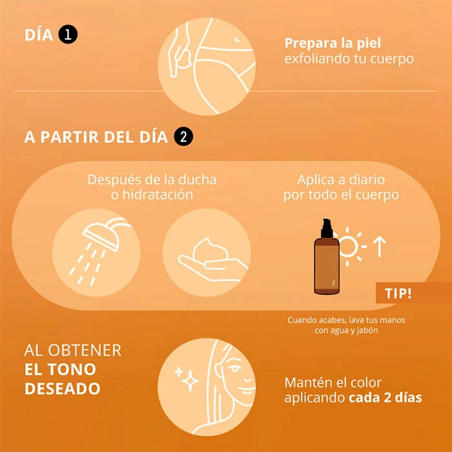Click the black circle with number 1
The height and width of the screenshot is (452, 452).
(68, 34)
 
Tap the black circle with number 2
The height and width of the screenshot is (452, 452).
(183, 136)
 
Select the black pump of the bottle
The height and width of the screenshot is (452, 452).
(327, 228)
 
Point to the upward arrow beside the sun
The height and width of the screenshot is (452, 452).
(380, 247)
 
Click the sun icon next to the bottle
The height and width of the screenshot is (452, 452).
(349, 247)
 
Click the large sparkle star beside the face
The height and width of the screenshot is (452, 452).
(190, 381)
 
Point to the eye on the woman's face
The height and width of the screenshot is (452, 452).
(234, 369)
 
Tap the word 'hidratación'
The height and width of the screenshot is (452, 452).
(158, 194)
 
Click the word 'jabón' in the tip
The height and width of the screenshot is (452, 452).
(367, 331)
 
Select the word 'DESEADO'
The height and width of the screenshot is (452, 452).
(63, 388)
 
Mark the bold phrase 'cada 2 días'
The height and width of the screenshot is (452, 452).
(385, 398)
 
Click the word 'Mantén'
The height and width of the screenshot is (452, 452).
(306, 382)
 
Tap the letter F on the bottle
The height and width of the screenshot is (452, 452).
(334, 283)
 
